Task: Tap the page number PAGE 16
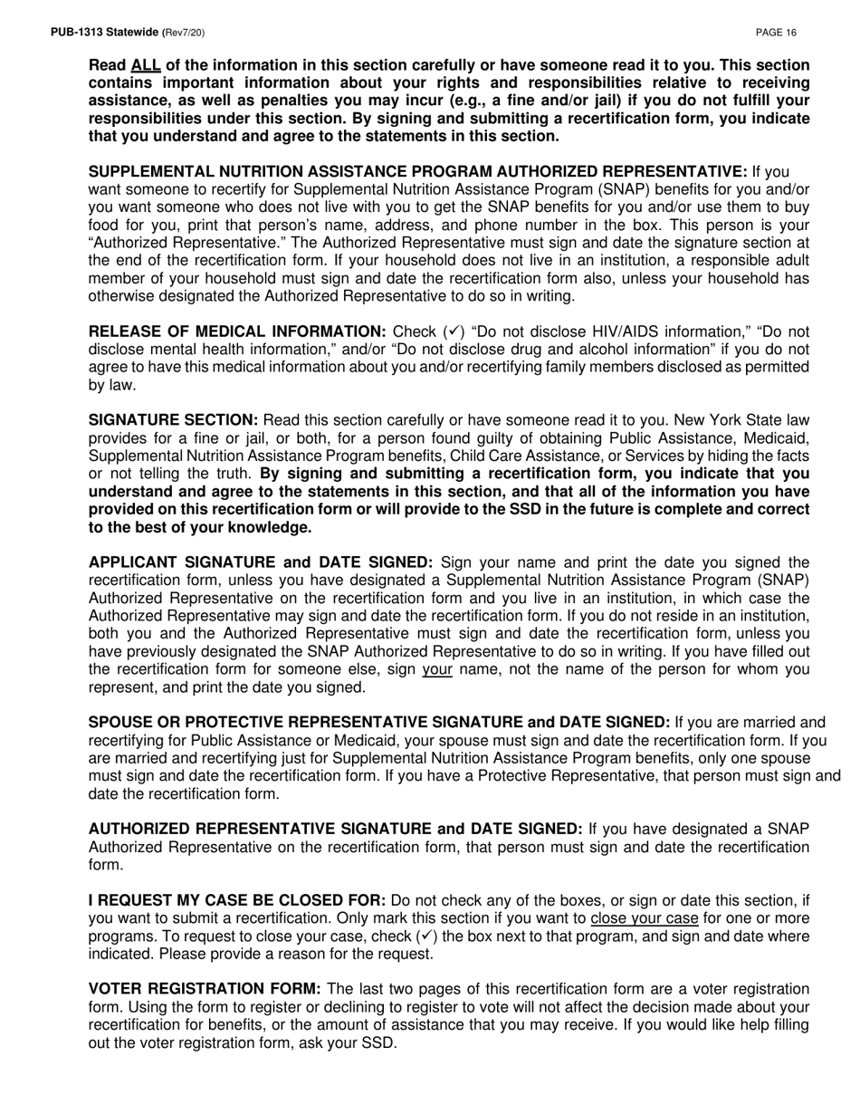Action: (x=776, y=33)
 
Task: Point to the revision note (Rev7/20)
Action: (x=183, y=33)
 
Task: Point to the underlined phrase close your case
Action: (x=644, y=918)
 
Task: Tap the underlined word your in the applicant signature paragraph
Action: (x=437, y=669)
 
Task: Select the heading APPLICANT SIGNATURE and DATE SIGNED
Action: (x=261, y=562)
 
